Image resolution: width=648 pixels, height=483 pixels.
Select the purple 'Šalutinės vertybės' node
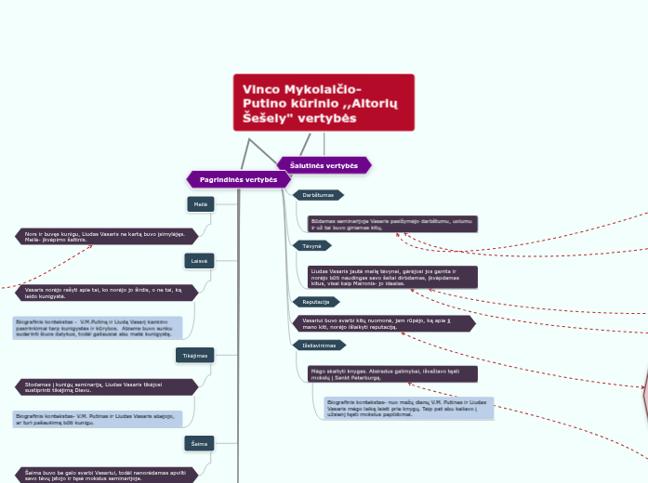(324, 164)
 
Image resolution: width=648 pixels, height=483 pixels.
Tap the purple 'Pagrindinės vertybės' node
(238, 179)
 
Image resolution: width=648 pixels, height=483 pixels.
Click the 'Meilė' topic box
(201, 203)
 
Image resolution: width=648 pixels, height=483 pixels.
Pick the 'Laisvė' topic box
(199, 261)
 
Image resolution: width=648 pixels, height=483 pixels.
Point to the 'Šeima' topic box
(199, 444)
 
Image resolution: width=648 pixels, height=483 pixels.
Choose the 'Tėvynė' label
(311, 246)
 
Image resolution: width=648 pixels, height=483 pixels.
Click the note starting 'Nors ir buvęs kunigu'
(107, 236)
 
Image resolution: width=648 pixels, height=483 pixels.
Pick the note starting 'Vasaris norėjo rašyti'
(107, 293)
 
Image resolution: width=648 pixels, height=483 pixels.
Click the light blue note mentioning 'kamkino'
(98, 328)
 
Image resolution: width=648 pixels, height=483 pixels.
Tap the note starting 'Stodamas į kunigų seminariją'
(107, 386)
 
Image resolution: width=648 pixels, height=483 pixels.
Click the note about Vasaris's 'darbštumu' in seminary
(393, 224)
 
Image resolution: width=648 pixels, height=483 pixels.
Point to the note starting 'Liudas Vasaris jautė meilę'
(393, 277)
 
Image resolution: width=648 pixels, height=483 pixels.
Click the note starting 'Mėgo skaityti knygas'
(393, 374)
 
